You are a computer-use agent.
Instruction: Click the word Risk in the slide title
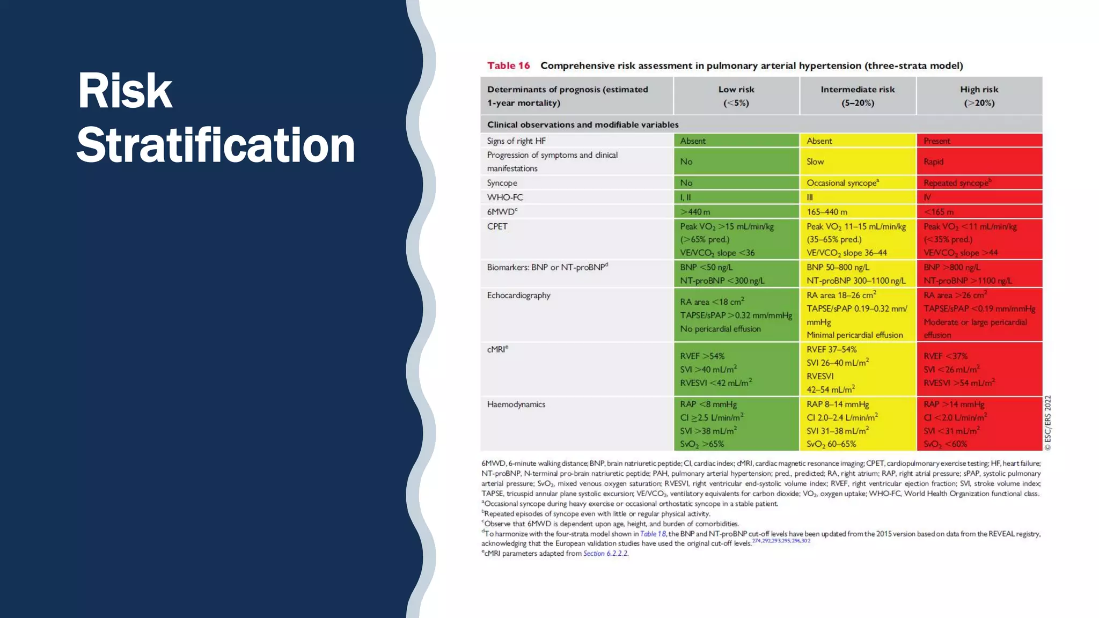124,91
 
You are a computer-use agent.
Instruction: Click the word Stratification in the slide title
215,145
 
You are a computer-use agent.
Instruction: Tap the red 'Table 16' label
508,65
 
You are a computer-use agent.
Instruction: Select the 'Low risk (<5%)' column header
736,96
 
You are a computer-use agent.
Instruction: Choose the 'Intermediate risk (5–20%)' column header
858,96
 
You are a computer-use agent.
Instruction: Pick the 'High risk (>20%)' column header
979,96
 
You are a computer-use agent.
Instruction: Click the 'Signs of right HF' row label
516,141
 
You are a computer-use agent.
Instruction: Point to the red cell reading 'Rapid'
933,161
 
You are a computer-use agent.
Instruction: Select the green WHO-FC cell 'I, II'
685,197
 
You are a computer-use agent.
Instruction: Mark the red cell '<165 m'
939,212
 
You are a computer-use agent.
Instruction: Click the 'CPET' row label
497,226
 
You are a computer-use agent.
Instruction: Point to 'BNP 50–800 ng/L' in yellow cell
838,267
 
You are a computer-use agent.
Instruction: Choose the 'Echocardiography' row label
518,295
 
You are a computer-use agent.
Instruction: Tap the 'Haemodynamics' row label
516,404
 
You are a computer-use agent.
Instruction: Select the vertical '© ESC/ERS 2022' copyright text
1047,423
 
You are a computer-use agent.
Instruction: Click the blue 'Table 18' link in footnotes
653,534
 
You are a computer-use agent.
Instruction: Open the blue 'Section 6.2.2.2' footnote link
605,554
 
